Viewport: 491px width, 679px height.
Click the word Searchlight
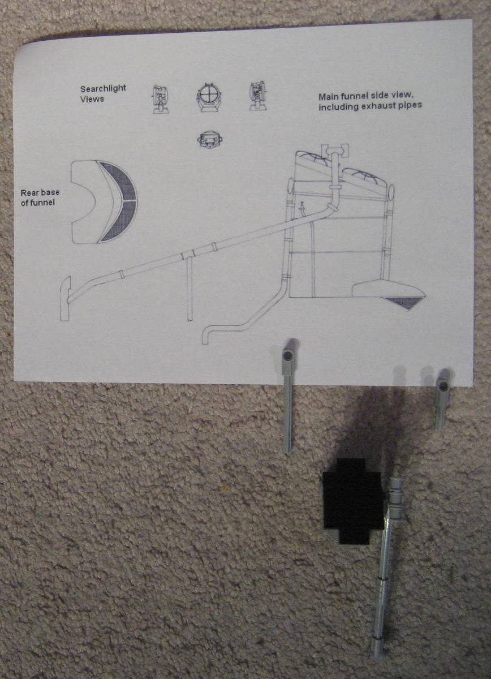pyautogui.click(x=103, y=89)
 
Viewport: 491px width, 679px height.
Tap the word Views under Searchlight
pyautogui.click(x=92, y=99)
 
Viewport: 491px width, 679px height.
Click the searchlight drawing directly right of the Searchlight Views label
pyautogui.click(x=160, y=99)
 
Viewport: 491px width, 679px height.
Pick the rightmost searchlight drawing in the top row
pyautogui.click(x=258, y=96)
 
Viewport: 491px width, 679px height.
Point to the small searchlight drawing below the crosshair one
pyautogui.click(x=209, y=140)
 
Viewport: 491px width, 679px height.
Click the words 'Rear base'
pyautogui.click(x=40, y=192)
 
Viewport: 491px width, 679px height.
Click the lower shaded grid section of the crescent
pyautogui.click(x=121, y=221)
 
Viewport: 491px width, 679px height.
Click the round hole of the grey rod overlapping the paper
pyautogui.click(x=287, y=355)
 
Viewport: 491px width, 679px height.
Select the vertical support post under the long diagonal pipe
pyautogui.click(x=189, y=288)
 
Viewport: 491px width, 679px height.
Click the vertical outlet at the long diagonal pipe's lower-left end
pyautogui.click(x=65, y=299)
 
